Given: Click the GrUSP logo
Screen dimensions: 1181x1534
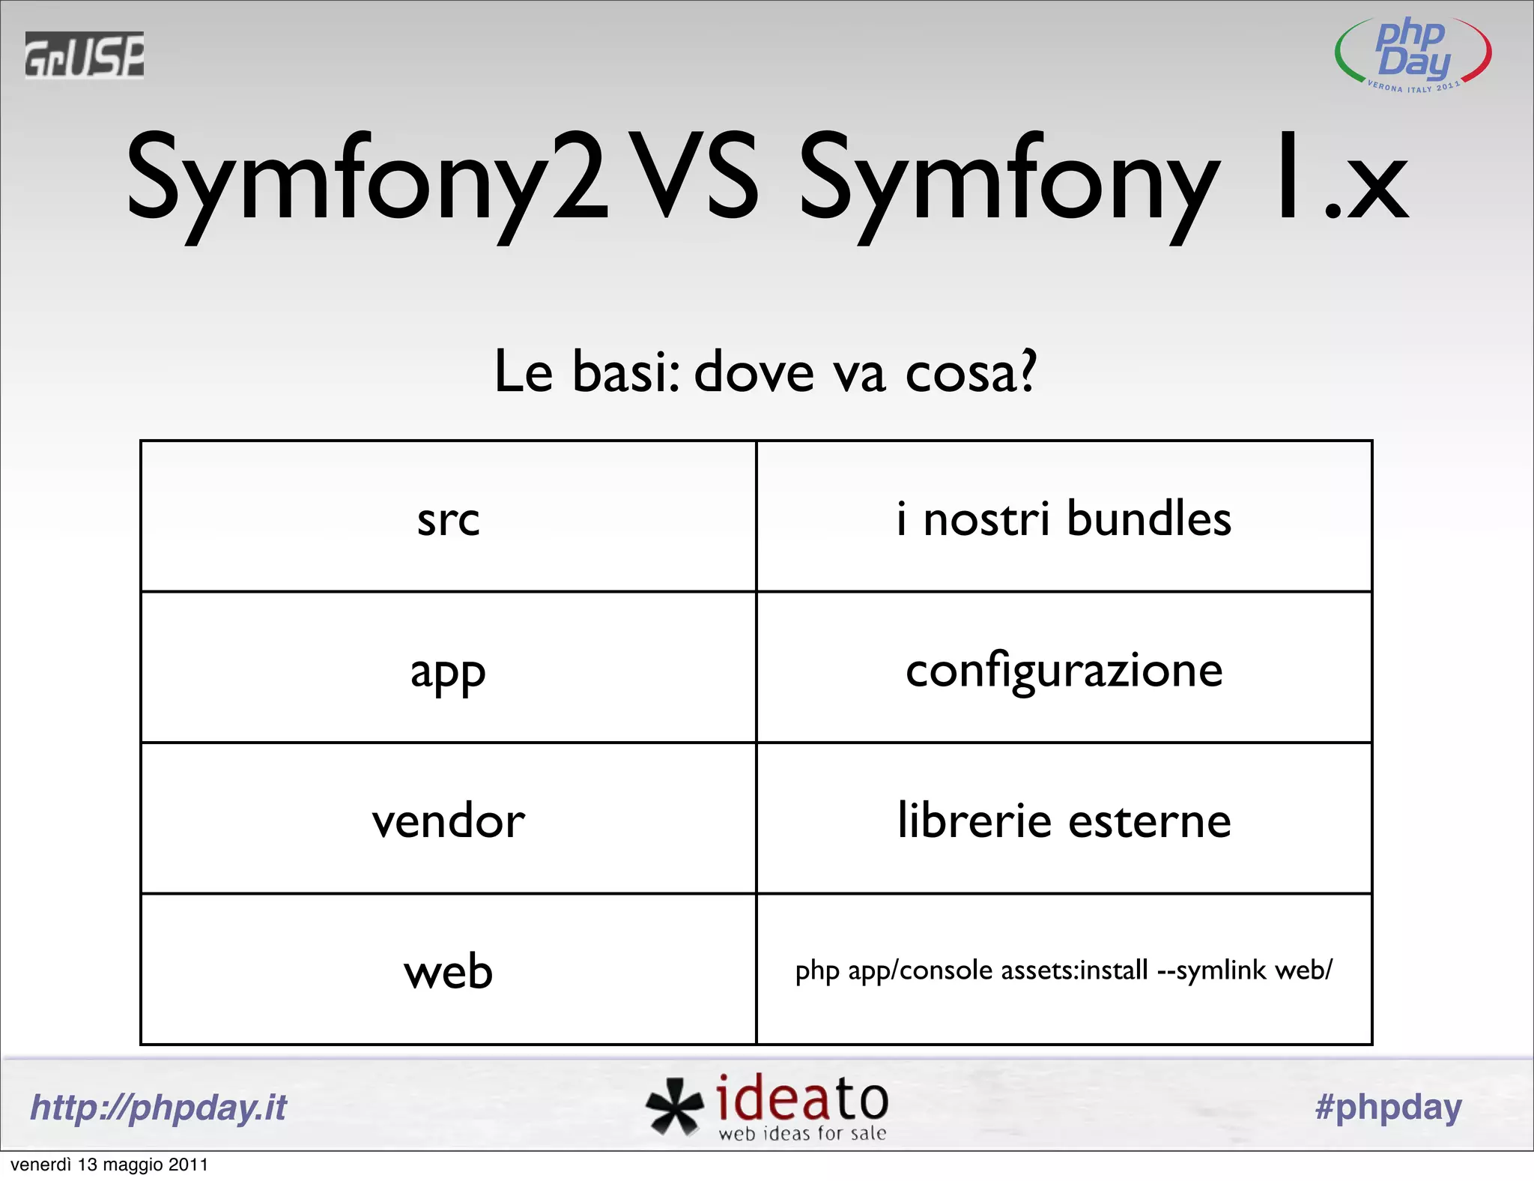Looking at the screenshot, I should [x=84, y=55].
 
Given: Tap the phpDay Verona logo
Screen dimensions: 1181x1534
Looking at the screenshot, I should [x=1413, y=54].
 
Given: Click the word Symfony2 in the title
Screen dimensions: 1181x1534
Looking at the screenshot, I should [x=367, y=180].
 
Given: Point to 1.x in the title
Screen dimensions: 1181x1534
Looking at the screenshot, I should [x=1341, y=180].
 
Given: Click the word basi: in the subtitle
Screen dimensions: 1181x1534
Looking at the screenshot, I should [x=626, y=372].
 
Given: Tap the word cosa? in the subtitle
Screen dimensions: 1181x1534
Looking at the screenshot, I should [x=971, y=372].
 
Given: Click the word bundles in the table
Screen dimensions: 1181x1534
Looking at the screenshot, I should [x=1149, y=519].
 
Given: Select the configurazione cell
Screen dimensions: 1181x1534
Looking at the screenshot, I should [x=1064, y=669].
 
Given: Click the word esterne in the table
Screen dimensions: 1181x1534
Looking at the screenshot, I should [x=1150, y=821].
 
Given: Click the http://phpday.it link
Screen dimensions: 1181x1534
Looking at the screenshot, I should [x=158, y=1108].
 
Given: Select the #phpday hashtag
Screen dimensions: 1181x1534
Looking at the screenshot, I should [x=1388, y=1107].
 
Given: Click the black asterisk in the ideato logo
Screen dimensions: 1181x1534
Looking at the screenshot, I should [x=674, y=1106].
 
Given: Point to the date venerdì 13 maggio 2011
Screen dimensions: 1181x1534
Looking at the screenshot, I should [x=109, y=1165].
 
